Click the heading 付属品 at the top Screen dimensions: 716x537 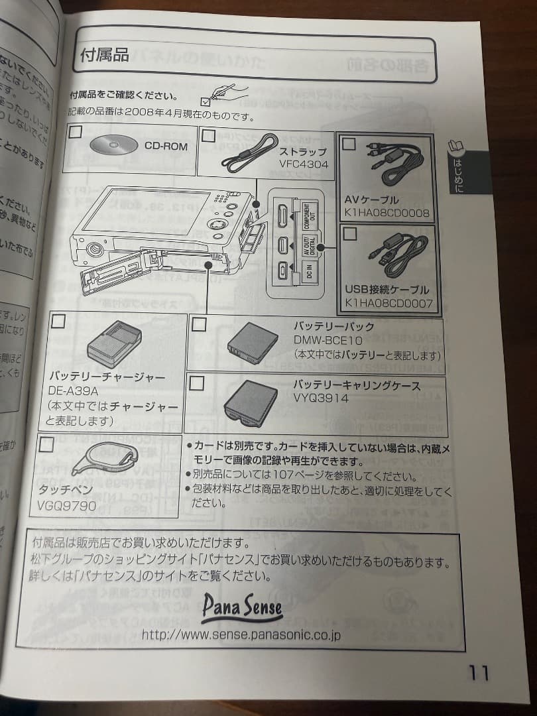[105, 54]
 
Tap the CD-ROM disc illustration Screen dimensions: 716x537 [109, 146]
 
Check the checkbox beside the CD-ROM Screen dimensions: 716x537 [76, 131]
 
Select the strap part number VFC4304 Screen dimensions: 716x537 [304, 163]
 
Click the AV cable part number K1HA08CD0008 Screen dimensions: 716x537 [387, 213]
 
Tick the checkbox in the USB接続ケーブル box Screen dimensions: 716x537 [349, 233]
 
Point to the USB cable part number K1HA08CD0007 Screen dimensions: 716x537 [388, 304]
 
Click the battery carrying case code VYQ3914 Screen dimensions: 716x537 [321, 398]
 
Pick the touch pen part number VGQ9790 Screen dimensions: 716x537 [67, 507]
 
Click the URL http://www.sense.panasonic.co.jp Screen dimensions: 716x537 [241, 635]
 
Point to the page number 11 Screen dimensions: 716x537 [479, 673]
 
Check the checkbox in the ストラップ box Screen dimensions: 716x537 [209, 136]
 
